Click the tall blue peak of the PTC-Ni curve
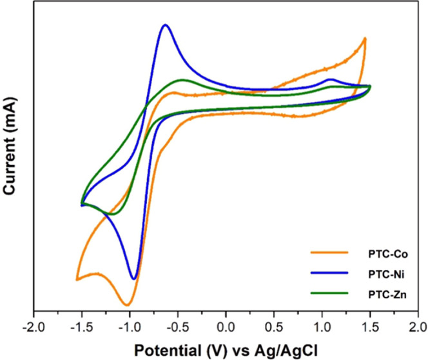166,25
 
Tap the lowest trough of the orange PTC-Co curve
127,305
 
